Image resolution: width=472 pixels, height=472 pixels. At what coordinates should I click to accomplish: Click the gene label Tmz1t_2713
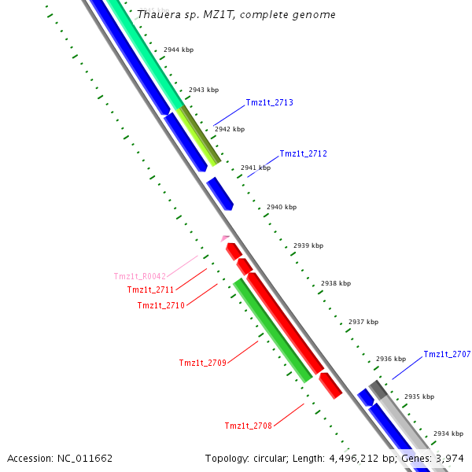tap(269, 102)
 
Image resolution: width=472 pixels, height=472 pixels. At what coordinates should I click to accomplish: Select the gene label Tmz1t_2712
tap(303, 153)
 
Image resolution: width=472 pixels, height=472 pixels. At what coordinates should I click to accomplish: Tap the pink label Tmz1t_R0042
tap(140, 276)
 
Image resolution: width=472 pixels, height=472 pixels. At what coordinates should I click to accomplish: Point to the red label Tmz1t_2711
tap(150, 289)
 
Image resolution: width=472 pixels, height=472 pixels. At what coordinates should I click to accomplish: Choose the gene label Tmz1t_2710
tap(160, 305)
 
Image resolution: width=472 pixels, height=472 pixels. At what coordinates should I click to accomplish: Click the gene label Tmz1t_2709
tap(202, 363)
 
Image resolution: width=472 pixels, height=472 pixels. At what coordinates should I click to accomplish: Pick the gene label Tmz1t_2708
tap(248, 426)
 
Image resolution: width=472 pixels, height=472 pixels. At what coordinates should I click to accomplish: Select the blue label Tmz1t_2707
tap(447, 354)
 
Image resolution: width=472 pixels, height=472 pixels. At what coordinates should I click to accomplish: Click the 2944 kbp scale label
tap(179, 50)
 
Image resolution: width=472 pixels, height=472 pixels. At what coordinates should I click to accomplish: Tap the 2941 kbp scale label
tap(255, 168)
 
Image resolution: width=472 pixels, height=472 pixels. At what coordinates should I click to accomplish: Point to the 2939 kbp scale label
tap(308, 245)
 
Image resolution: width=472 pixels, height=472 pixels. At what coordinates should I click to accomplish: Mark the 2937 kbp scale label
tap(363, 322)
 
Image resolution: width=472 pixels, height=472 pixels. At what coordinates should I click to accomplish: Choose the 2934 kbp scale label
tap(448, 433)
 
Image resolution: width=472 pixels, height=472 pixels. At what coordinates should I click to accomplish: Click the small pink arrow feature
tap(225, 238)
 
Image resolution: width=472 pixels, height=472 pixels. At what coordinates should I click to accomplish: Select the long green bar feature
tap(272, 330)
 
